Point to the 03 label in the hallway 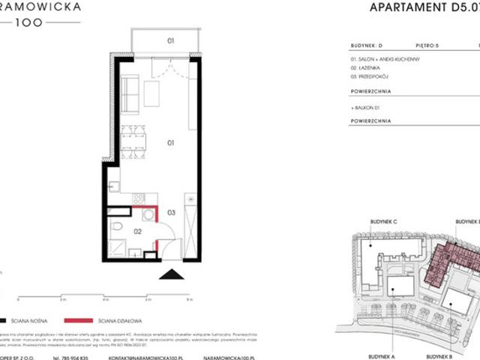pos(171,213)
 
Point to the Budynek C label pos(382,223)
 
